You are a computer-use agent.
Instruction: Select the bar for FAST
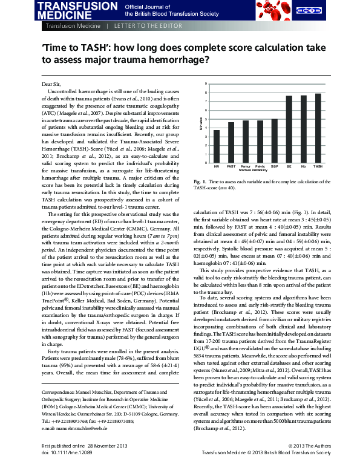[231, 142]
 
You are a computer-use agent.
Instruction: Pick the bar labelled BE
[289, 129]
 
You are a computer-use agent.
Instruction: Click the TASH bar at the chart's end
[318, 128]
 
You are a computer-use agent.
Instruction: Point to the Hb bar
[303, 129]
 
